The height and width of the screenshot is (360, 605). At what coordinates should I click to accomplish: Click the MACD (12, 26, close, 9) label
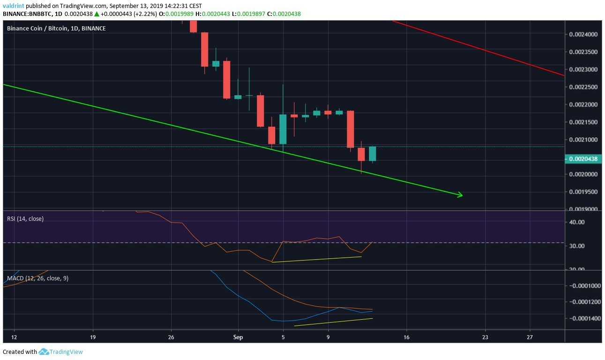[x=37, y=278]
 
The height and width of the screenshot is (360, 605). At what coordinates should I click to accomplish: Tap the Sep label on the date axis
[x=238, y=337]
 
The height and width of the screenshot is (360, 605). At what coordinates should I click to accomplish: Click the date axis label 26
[x=171, y=337]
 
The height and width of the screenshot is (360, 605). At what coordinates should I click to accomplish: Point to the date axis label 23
[x=485, y=337]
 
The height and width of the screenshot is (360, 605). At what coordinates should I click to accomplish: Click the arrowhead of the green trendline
[x=461, y=195]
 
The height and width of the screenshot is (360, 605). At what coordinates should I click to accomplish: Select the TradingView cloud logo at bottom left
[x=44, y=352]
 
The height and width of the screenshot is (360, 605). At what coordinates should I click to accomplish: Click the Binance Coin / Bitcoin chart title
[x=56, y=29]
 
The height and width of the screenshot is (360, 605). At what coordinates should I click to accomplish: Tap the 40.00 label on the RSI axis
[x=577, y=222]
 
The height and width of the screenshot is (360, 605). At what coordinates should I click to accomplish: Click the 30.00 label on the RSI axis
[x=577, y=246]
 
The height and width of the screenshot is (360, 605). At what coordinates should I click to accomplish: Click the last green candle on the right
[x=373, y=154]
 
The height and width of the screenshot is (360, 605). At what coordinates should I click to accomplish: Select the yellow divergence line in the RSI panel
[x=317, y=259]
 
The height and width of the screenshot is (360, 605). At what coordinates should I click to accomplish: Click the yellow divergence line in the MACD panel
[x=333, y=322]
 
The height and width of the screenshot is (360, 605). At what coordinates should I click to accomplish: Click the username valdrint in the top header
[x=13, y=6]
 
